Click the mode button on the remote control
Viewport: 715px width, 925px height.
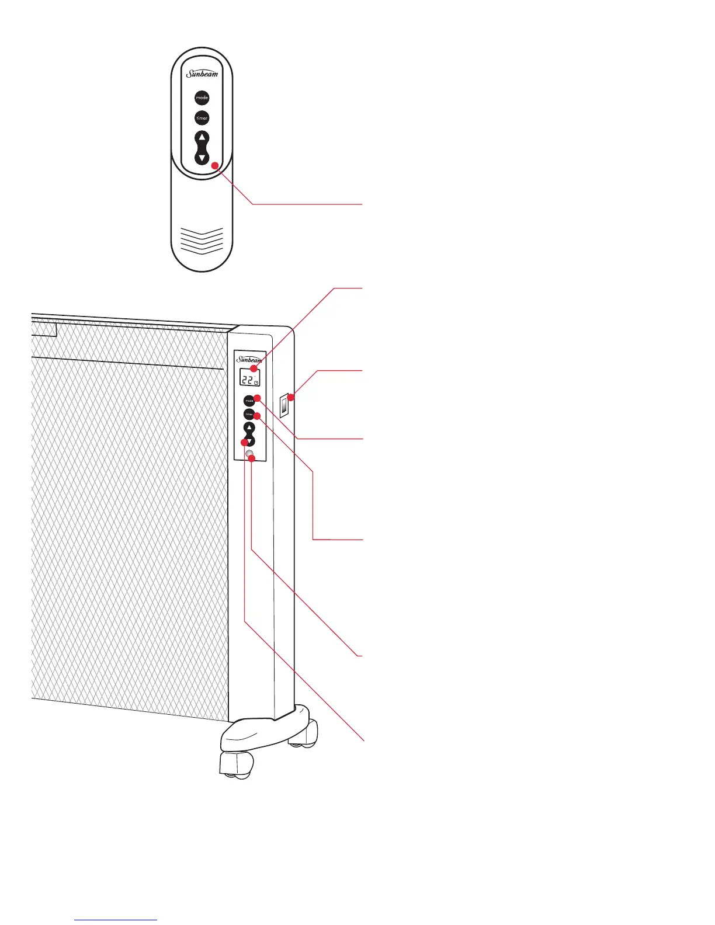pyautogui.click(x=202, y=98)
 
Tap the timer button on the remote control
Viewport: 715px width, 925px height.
pyautogui.click(x=202, y=118)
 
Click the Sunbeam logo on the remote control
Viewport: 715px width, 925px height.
pyautogui.click(x=202, y=74)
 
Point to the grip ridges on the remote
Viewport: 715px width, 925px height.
pyautogui.click(x=202, y=240)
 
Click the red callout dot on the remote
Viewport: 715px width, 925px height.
pyautogui.click(x=215, y=166)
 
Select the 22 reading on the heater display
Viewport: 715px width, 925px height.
pyautogui.click(x=247, y=380)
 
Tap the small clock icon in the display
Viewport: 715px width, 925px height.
pyautogui.click(x=256, y=383)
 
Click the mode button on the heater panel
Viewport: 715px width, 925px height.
pyautogui.click(x=249, y=401)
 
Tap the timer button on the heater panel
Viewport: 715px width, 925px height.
pyautogui.click(x=249, y=414)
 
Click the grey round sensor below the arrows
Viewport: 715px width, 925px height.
pyautogui.click(x=249, y=454)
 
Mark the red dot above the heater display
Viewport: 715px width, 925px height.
pyautogui.click(x=253, y=369)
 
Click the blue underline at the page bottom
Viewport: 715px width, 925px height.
pyautogui.click(x=116, y=920)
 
